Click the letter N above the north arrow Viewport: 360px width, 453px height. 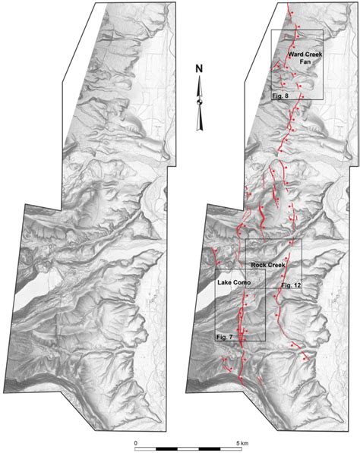(x=199, y=70)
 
